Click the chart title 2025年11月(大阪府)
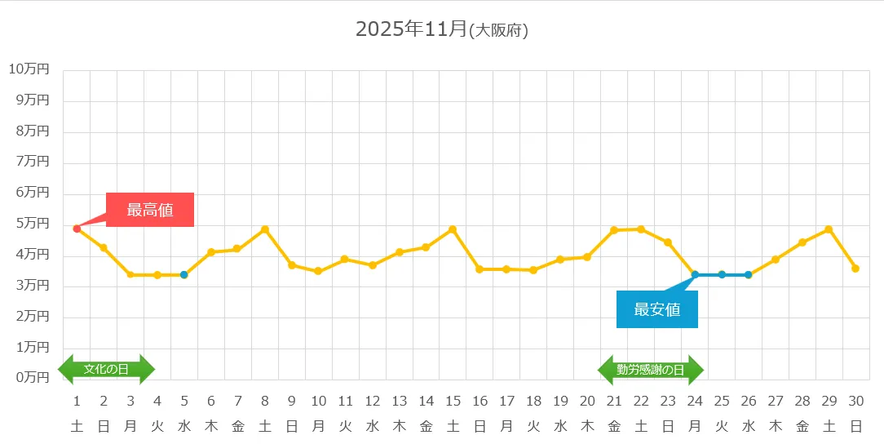[442, 29]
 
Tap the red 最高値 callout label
[150, 210]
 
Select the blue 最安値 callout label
[657, 309]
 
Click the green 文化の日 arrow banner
[107, 369]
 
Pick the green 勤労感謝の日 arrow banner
[651, 370]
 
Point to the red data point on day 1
[77, 229]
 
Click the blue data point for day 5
[184, 275]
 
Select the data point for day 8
[265, 229]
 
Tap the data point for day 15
[453, 229]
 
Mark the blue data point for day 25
[722, 274]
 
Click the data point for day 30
[855, 269]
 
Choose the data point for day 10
[318, 271]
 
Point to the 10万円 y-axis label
[29, 69]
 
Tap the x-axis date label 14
[426, 401]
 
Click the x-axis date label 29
[829, 401]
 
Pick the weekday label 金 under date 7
[237, 425]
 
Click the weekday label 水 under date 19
[560, 425]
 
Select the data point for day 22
[641, 229]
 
